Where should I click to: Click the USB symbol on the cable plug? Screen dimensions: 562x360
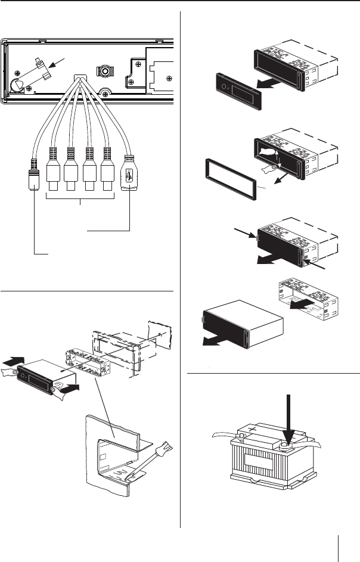tap(129, 177)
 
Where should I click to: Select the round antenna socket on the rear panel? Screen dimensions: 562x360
tap(105, 71)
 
